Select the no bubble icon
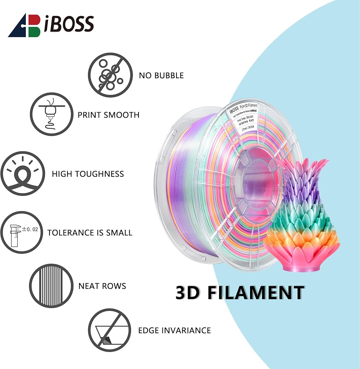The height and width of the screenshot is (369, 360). click(x=110, y=75)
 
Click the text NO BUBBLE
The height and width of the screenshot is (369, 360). click(x=161, y=76)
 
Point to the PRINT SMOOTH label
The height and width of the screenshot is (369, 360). click(x=109, y=115)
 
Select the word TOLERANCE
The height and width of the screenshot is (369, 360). click(x=70, y=233)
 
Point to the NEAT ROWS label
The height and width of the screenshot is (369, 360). click(x=102, y=286)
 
